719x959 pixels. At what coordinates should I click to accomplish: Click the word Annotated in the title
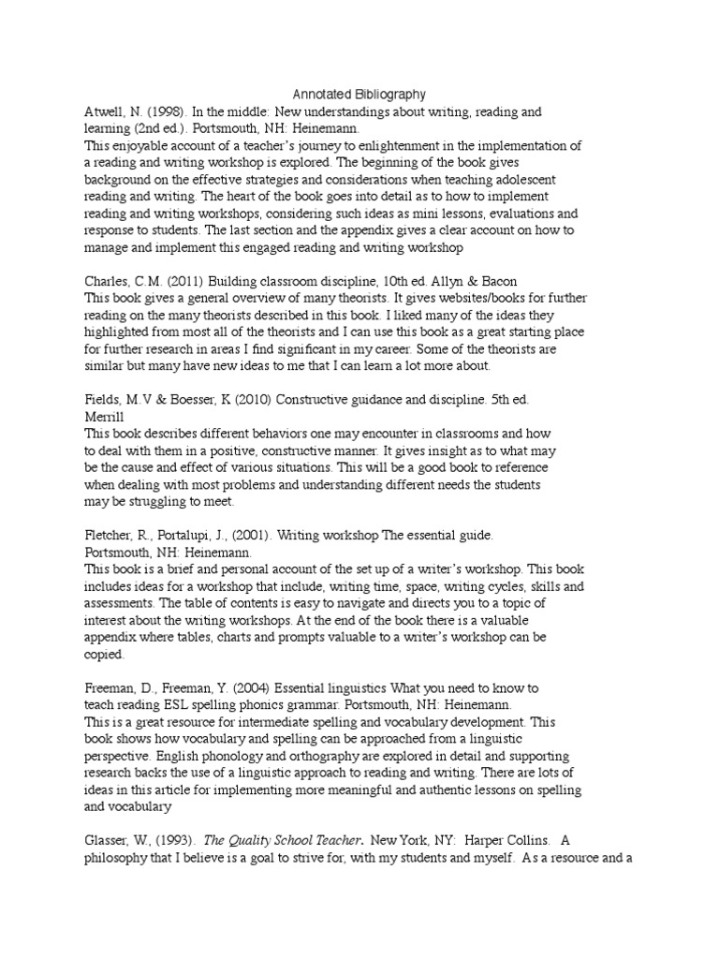pos(322,94)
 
